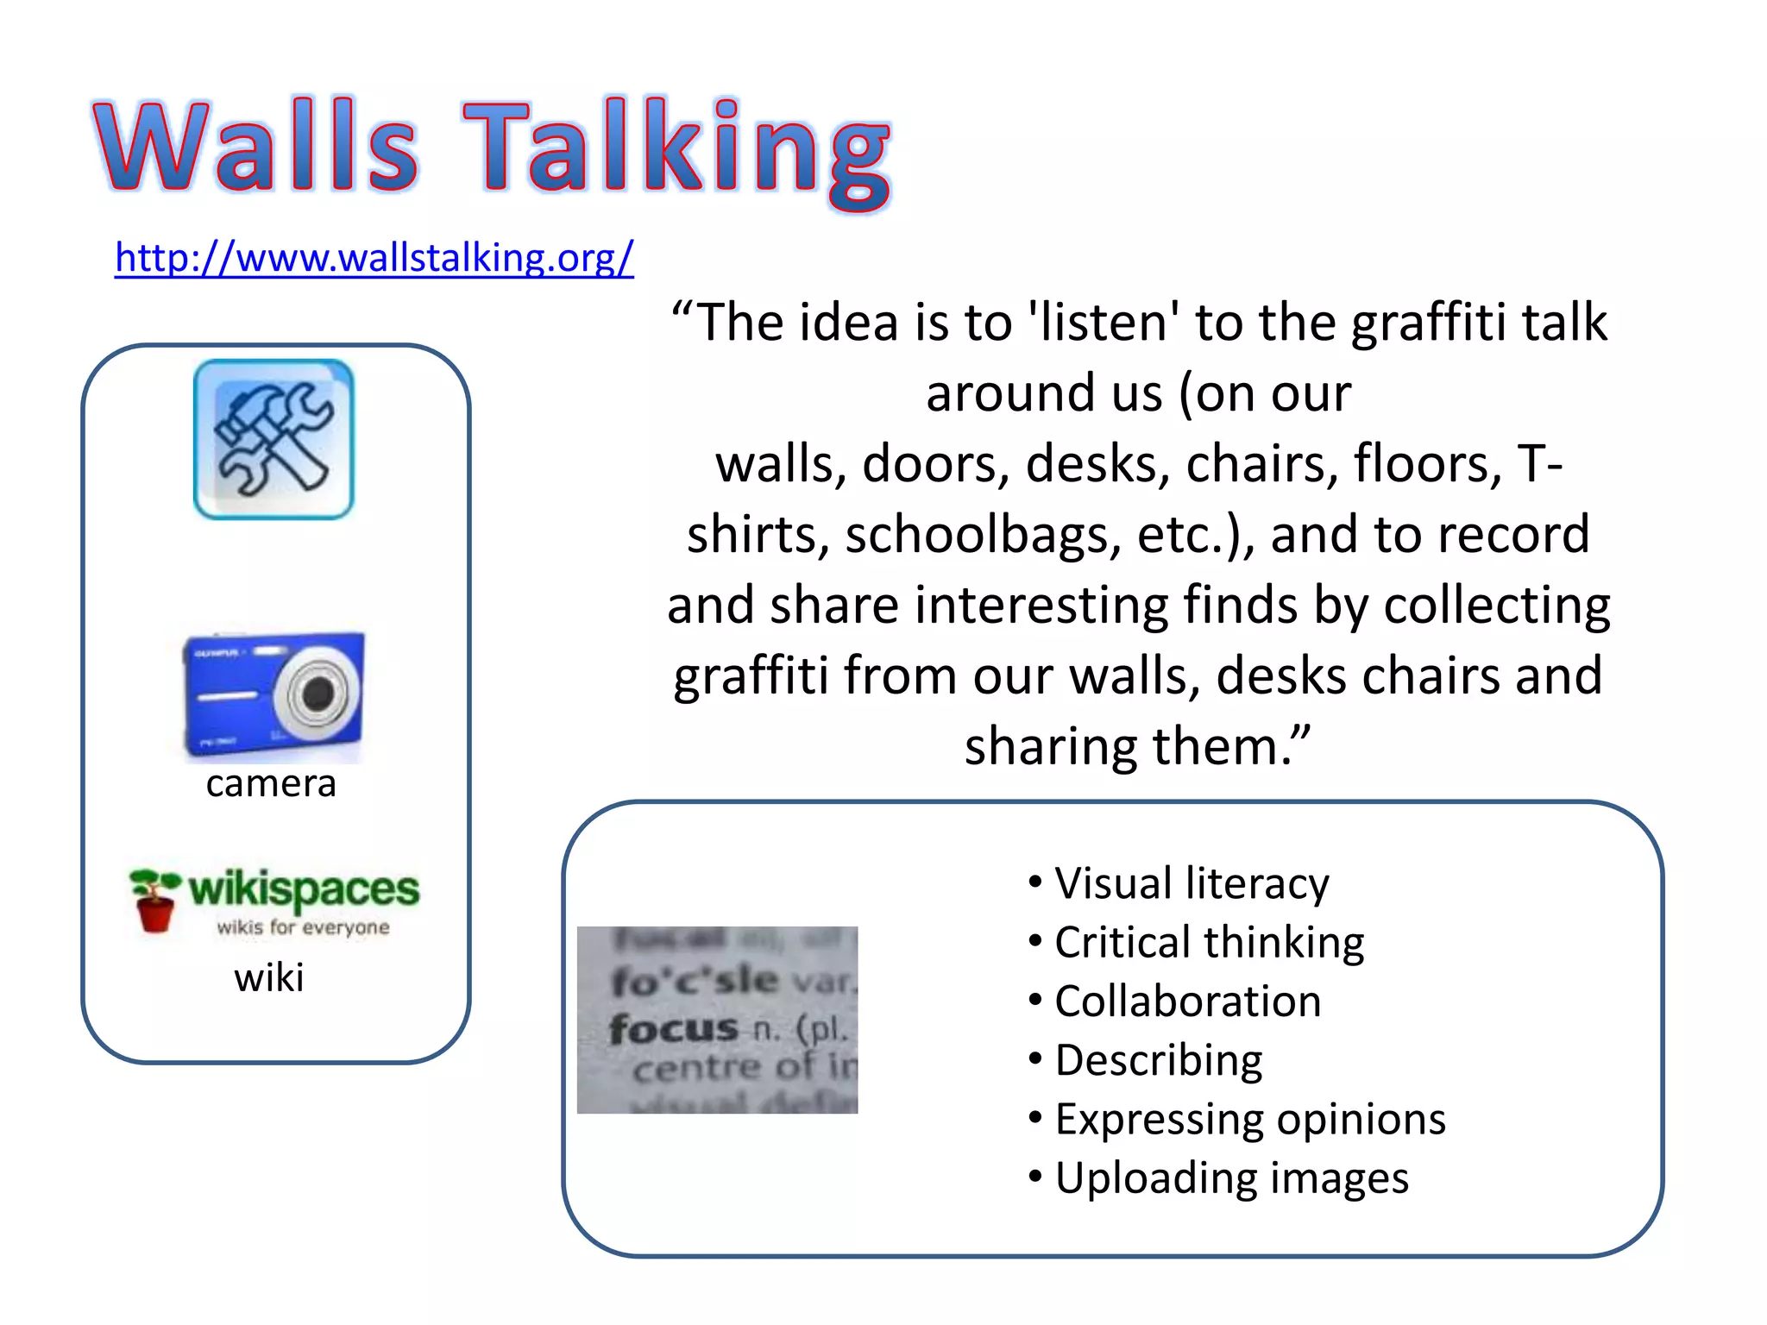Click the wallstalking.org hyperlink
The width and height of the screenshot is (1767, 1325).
click(374, 258)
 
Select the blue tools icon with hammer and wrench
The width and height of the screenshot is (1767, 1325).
click(274, 439)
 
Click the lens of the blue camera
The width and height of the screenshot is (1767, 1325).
click(318, 693)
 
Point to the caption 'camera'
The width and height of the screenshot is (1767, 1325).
click(271, 783)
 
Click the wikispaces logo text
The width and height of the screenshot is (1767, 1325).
click(304, 889)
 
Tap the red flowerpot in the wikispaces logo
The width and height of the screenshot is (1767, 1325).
click(155, 913)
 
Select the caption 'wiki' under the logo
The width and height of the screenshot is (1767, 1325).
click(269, 978)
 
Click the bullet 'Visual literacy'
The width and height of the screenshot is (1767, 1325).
click(1191, 883)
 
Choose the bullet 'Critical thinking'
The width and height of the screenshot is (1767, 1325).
click(1209, 942)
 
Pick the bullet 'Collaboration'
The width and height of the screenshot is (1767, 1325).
click(1187, 1002)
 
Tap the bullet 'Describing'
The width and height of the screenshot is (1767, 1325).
click(1158, 1060)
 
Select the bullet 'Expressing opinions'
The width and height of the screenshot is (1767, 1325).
click(1249, 1119)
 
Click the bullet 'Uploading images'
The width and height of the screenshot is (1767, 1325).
click(1231, 1178)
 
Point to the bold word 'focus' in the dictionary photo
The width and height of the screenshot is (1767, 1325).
click(673, 1028)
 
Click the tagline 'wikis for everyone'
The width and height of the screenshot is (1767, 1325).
click(303, 927)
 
